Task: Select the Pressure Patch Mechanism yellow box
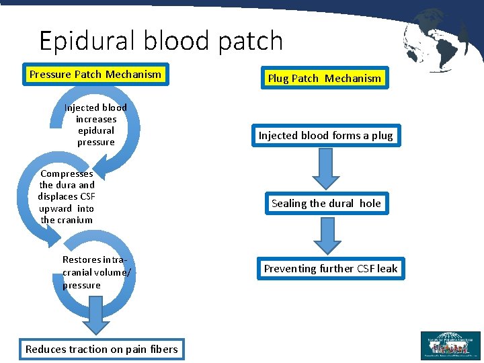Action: [x=95, y=75]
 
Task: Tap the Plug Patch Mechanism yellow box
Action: [x=324, y=79]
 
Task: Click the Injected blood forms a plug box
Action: [x=325, y=136]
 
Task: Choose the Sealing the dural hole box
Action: [x=326, y=204]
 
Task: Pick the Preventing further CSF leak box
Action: [x=330, y=269]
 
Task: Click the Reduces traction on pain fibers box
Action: [x=102, y=349]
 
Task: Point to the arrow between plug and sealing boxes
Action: [x=326, y=168]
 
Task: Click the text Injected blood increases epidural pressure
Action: [x=95, y=124]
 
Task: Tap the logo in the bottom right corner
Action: [x=450, y=346]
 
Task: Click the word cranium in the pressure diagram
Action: [x=75, y=220]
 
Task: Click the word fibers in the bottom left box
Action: [x=163, y=349]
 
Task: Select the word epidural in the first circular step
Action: [x=96, y=130]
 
